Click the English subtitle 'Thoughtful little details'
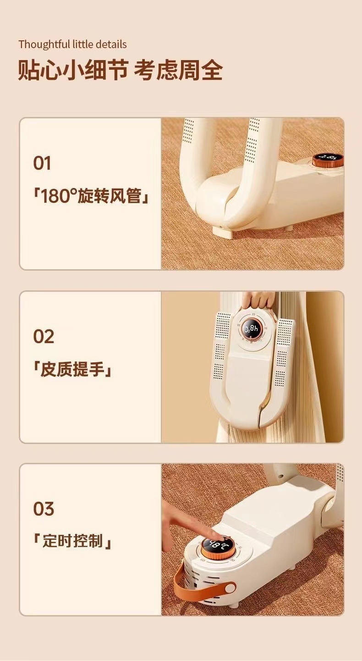point(72,44)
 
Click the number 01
point(42,164)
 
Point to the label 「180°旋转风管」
point(91,197)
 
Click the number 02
point(44,337)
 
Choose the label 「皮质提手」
point(73,370)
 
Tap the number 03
point(44,509)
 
